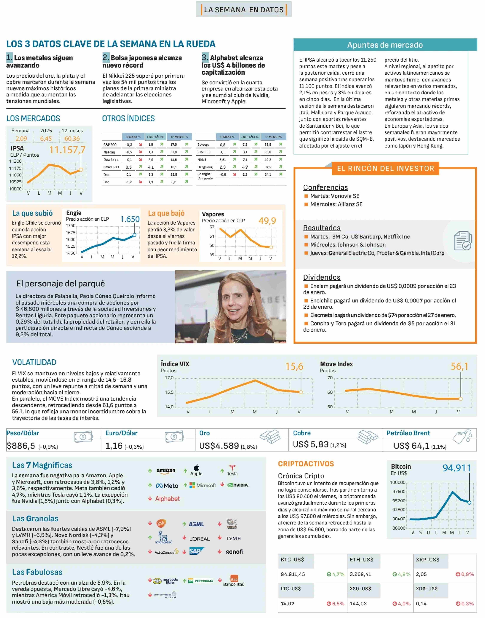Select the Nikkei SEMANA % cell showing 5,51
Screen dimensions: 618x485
[x=223, y=160]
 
